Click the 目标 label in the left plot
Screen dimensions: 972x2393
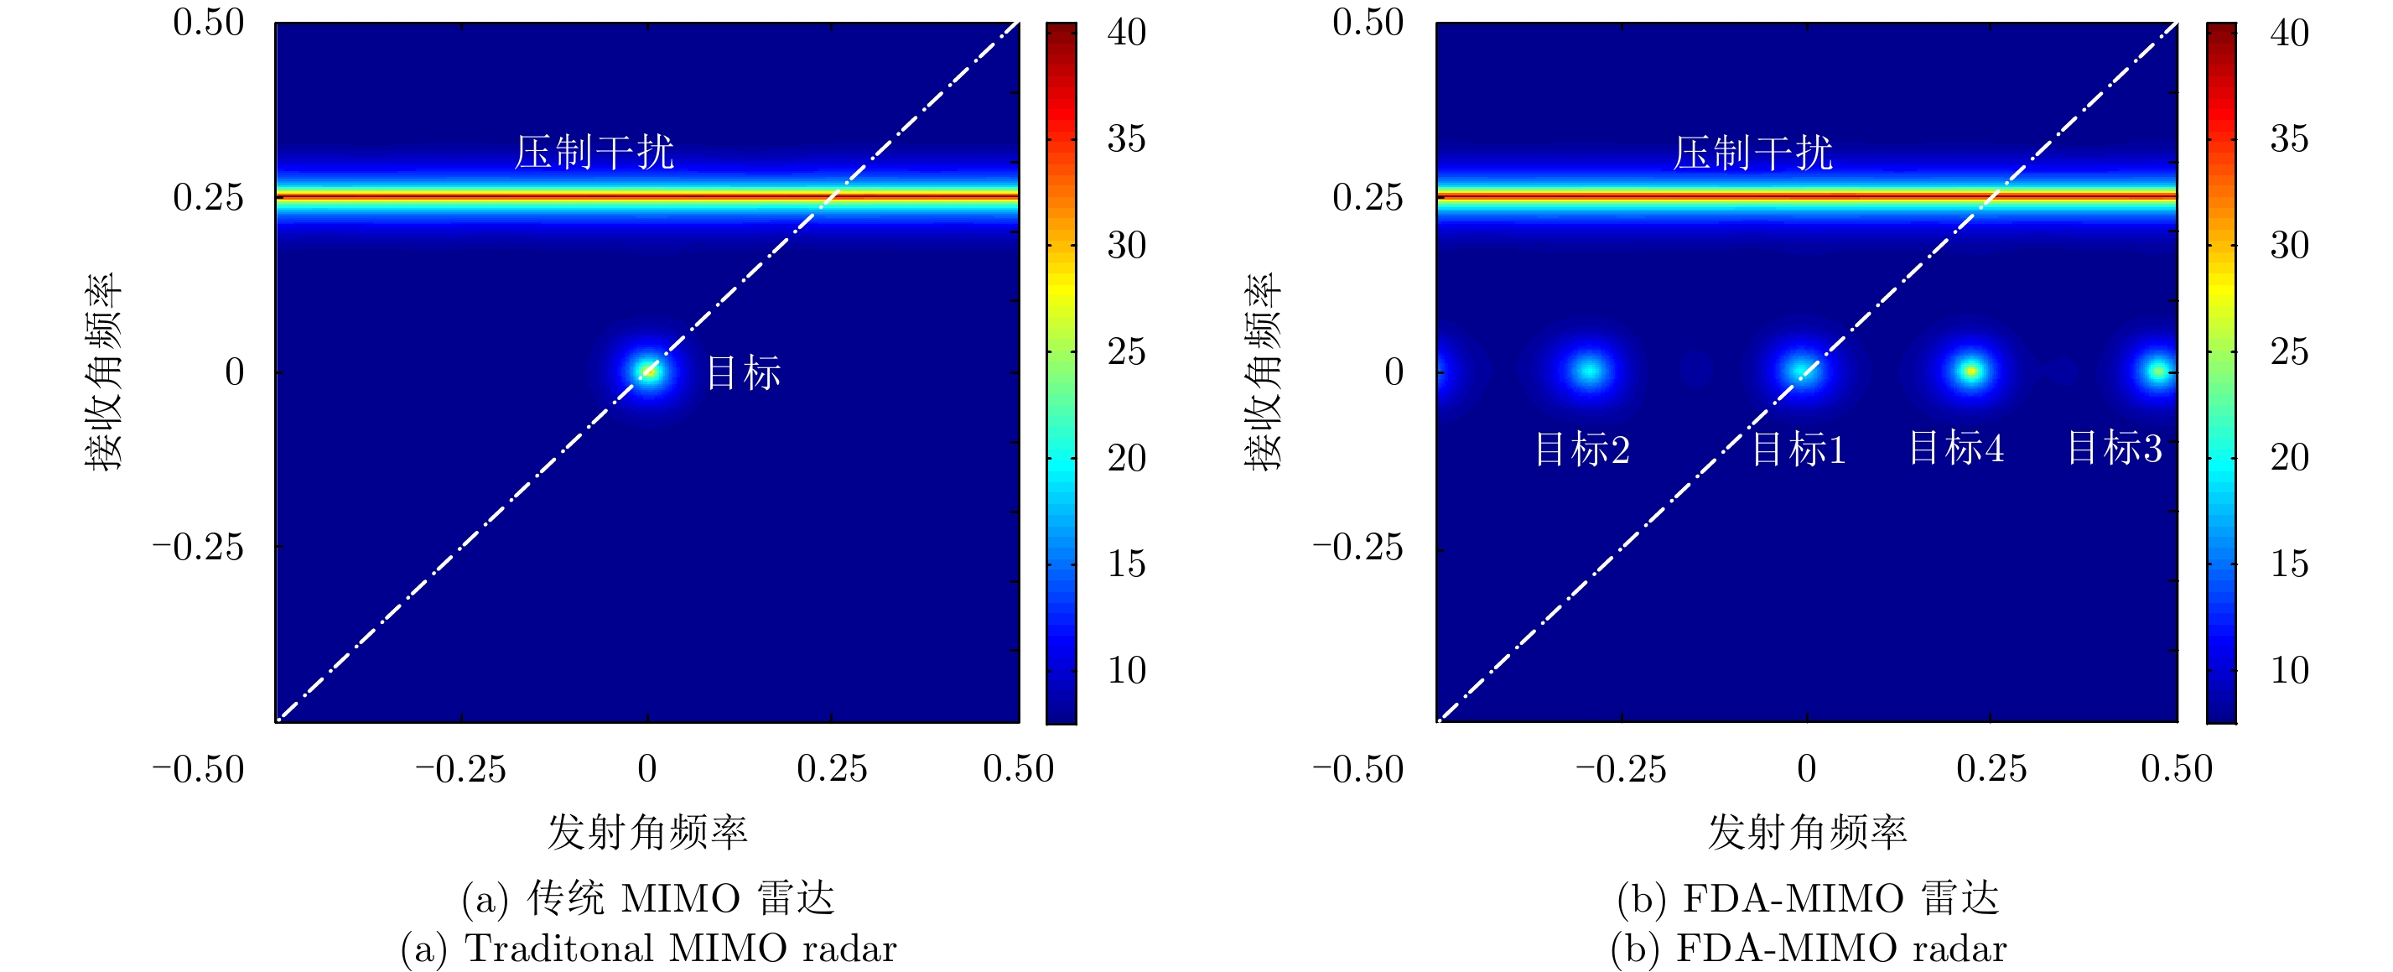point(743,372)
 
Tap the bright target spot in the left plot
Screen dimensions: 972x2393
point(648,372)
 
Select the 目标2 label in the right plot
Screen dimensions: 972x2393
point(1582,450)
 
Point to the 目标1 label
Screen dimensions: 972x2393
point(1799,450)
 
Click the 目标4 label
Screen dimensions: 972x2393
point(1955,448)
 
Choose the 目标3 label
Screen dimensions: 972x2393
point(2115,448)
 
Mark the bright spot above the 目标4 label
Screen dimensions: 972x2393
point(1970,372)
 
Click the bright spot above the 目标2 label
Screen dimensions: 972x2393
point(1590,371)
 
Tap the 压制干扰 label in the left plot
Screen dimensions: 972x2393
point(594,153)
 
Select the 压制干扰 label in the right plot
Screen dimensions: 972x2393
point(1753,153)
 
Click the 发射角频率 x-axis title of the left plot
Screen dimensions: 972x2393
point(647,832)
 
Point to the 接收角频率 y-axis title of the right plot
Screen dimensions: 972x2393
point(1264,372)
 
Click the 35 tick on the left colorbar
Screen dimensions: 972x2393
point(1126,139)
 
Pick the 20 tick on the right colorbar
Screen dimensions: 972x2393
point(2289,457)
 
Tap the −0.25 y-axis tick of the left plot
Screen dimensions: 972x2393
point(198,547)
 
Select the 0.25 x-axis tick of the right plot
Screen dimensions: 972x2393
point(1991,768)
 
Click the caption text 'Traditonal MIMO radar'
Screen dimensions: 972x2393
point(648,949)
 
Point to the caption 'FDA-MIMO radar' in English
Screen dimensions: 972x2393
point(1809,949)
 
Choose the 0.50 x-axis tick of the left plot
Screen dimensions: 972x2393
point(1018,768)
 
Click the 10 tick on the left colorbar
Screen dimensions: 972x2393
point(1126,670)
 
